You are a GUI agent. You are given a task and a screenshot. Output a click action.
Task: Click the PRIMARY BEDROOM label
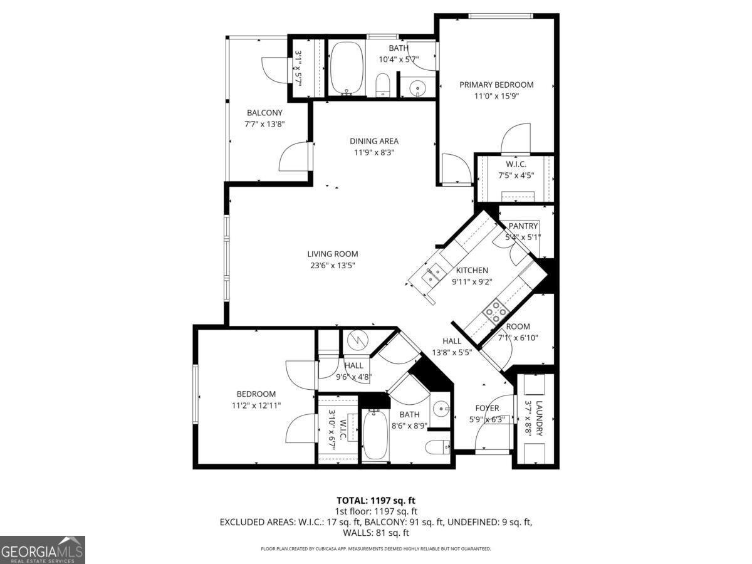coord(496,85)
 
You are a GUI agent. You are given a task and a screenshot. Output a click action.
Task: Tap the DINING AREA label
coord(374,141)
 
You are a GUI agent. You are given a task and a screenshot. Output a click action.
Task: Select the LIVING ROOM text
coord(333,254)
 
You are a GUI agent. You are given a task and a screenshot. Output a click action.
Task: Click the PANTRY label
coord(523,226)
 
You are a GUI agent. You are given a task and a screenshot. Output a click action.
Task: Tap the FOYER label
coord(486,408)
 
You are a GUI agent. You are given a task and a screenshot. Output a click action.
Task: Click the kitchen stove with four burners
coord(494,311)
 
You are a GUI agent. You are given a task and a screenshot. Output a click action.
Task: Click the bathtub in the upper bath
coord(347,67)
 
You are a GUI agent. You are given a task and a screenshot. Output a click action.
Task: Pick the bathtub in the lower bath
coord(375,434)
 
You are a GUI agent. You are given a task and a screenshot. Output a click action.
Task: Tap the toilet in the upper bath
coord(383,85)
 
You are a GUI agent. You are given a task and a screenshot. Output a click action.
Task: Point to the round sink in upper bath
coord(418,89)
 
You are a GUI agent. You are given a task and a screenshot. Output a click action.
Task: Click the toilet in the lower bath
coord(436,447)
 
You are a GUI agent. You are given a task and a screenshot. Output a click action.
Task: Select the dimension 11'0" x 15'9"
coord(496,96)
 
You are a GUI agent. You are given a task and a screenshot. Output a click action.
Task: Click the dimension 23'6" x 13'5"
coord(333,265)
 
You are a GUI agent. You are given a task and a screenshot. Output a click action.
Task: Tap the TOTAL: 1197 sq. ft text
coord(376,501)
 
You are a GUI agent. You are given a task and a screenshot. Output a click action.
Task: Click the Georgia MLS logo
coord(43,550)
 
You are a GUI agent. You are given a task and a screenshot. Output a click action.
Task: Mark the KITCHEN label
coord(472,270)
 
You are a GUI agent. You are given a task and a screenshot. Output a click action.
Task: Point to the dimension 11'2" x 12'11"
coord(256,405)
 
